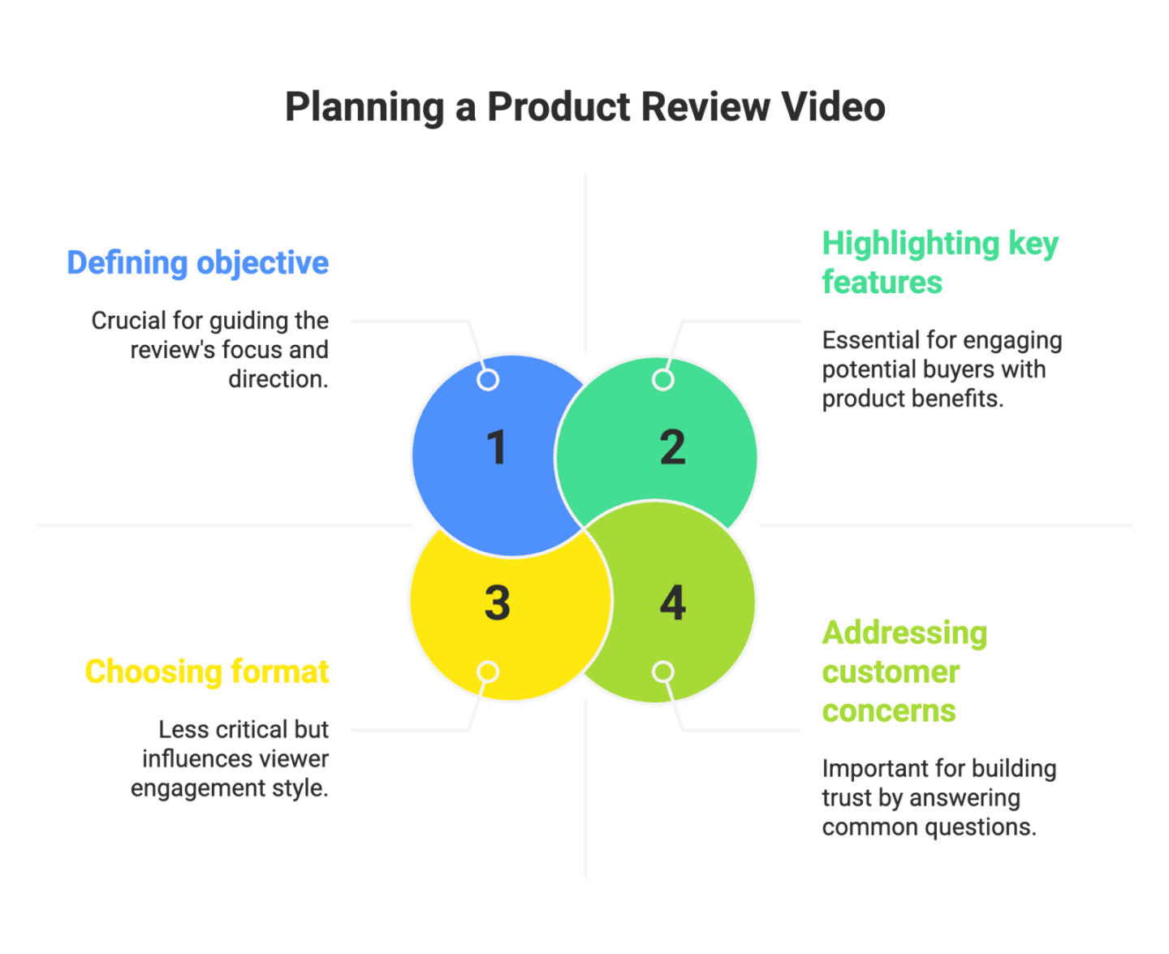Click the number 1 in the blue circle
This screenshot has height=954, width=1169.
coord(496,447)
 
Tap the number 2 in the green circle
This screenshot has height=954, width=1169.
coord(672,447)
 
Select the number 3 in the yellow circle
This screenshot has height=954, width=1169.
coord(497,603)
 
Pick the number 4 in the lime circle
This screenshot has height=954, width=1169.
coord(672,603)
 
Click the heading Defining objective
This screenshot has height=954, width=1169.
coord(197,263)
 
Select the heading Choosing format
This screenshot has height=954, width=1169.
coord(207,672)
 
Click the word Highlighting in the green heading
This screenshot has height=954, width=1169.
coord(911,244)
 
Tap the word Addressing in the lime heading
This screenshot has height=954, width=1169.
coord(904,633)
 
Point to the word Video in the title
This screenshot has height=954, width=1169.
coord(833,107)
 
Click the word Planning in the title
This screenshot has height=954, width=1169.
coord(365,107)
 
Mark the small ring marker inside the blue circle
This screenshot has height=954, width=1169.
coord(488,379)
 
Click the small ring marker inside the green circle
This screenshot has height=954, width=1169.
coord(663,379)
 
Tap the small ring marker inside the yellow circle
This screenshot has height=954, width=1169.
coord(488,671)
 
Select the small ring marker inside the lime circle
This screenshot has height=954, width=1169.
coord(663,671)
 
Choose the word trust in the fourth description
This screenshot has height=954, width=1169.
coord(847,798)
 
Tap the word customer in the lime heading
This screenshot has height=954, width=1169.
coord(891,672)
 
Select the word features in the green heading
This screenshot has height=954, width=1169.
coord(882,283)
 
